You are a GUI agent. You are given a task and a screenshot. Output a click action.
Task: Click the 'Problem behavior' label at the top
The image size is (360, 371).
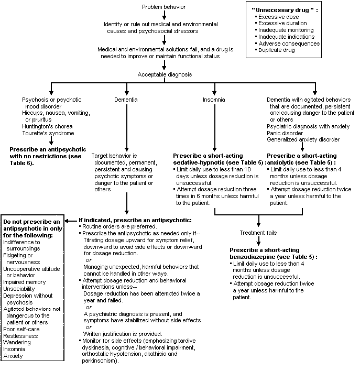165,6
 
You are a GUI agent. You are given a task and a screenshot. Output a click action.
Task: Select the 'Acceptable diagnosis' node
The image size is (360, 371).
165,74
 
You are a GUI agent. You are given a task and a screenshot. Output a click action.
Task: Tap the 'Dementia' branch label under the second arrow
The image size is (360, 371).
126,99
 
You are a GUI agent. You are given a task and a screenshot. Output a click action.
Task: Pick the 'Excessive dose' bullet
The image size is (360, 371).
278,17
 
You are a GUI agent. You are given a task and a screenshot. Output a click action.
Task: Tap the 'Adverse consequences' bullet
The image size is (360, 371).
289,43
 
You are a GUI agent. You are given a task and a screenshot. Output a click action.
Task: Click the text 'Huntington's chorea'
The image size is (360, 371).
47,126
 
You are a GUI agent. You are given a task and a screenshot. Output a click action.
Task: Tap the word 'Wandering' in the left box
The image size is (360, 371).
17,342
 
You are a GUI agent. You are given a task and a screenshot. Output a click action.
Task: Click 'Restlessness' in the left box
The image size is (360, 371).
20,335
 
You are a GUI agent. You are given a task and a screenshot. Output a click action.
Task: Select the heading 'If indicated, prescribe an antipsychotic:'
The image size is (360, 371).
135,220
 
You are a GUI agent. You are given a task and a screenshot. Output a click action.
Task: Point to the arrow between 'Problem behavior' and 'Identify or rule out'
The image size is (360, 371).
164,16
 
